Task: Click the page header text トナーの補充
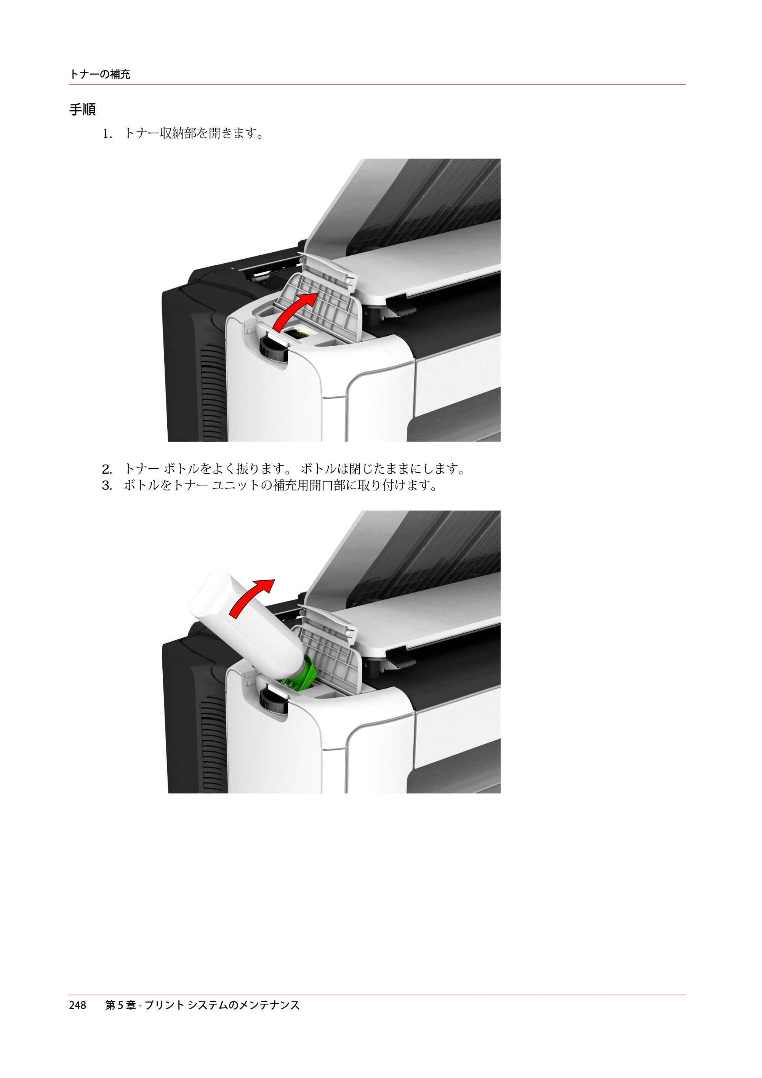tap(99, 74)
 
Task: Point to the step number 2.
tap(107, 469)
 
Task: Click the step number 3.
tap(107, 485)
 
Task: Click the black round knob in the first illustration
tap(273, 348)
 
